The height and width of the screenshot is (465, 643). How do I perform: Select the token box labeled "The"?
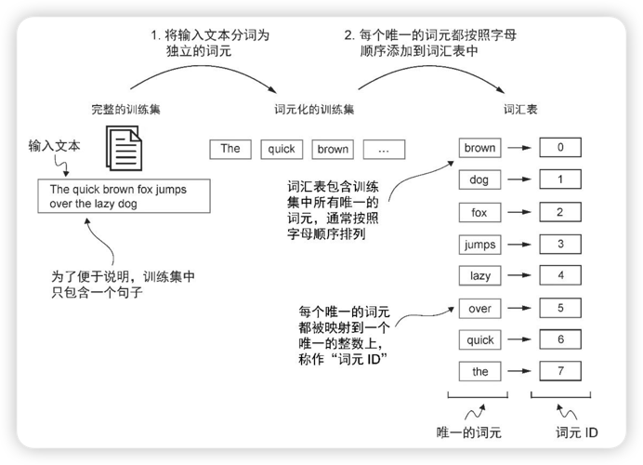click(230, 149)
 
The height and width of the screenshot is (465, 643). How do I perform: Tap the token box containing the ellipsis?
click(385, 149)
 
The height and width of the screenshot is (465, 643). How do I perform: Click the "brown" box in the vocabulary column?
click(479, 148)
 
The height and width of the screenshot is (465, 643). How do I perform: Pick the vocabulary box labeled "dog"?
click(479, 180)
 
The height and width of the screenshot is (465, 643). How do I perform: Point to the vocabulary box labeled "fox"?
click(479, 213)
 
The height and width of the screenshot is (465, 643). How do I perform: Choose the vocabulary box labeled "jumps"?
click(479, 246)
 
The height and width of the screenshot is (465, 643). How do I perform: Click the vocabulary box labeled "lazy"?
click(479, 276)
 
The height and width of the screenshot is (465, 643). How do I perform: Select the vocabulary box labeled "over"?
click(479, 308)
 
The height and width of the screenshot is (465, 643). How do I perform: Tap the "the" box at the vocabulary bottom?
click(479, 372)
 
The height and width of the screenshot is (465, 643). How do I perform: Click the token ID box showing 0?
click(560, 148)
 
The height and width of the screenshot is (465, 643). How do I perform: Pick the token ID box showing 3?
click(560, 246)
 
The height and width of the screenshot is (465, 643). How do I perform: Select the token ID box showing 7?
click(560, 372)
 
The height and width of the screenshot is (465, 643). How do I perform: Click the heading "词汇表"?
click(519, 109)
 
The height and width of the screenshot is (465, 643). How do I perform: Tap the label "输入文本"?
click(54, 146)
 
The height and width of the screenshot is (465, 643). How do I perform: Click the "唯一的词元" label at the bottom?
click(468, 432)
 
